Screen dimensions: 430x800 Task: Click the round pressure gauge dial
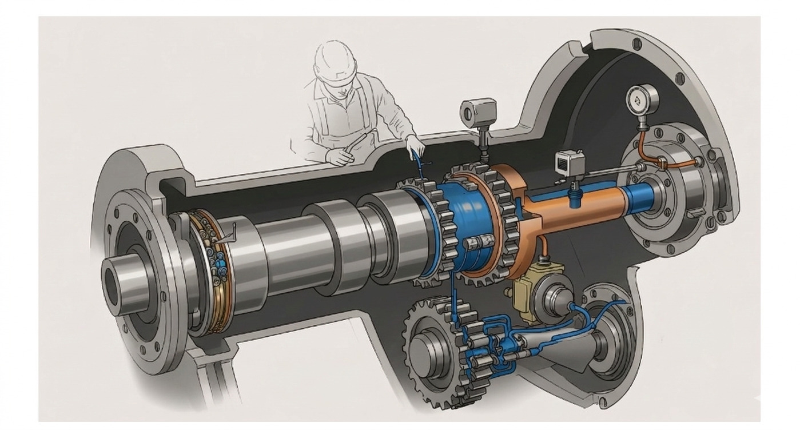[x=642, y=100]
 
